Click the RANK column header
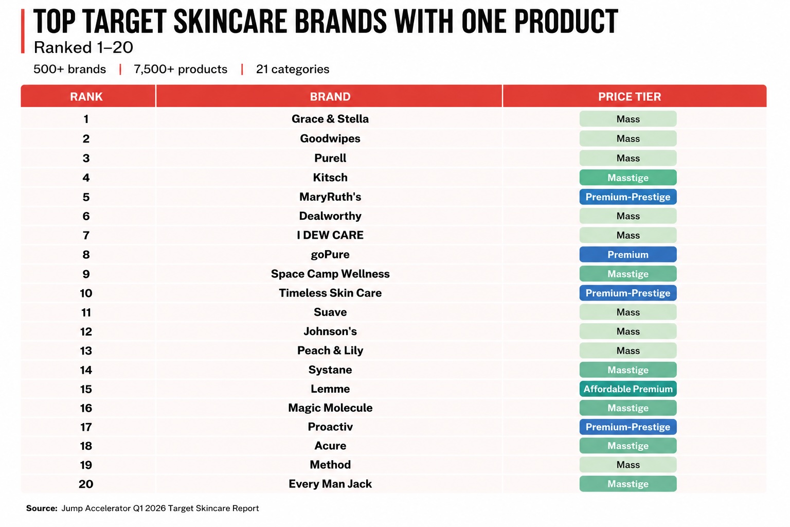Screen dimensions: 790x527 86,96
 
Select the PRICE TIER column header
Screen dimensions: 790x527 630,96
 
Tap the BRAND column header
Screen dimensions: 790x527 330,96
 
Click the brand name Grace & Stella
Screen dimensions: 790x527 330,119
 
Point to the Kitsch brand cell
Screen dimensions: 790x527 330,177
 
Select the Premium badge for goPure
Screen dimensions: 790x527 628,255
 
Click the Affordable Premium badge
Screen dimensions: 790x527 628,389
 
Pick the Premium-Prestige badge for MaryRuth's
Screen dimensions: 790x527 628,197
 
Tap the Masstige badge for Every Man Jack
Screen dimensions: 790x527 628,484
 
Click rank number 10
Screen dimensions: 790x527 86,293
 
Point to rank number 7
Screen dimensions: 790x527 86,235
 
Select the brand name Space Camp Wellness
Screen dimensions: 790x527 330,274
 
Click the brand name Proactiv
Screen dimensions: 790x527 330,427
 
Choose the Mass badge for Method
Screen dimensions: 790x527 628,465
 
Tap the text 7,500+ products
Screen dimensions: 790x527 180,69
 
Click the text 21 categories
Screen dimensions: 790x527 293,69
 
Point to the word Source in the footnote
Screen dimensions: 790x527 41,508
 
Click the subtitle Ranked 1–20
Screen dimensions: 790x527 83,47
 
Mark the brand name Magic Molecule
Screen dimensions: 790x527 330,408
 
